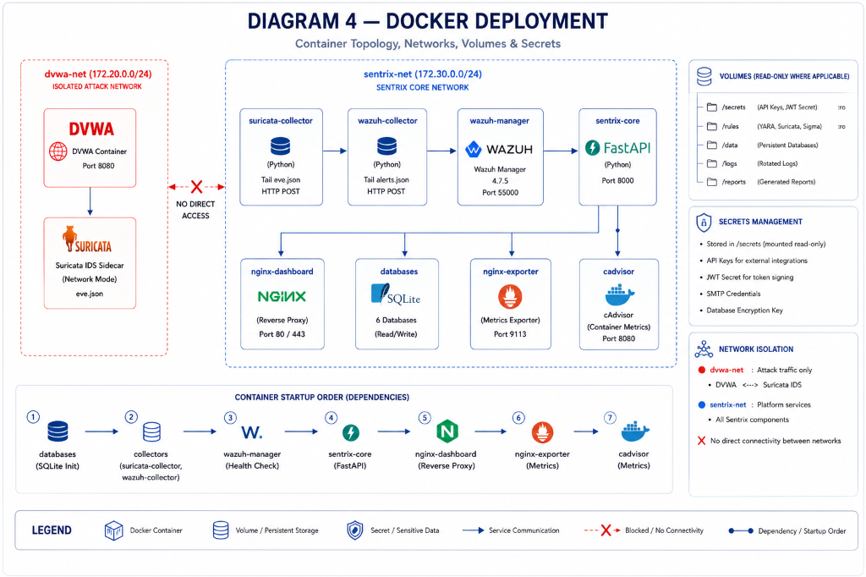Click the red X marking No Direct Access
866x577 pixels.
pos(196,187)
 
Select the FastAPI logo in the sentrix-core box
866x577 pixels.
pos(618,148)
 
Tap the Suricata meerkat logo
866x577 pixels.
pos(69,239)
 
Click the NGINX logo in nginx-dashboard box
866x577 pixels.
pos(282,297)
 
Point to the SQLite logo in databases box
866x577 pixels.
pos(396,294)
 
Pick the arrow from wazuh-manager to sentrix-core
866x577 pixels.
pos(561,151)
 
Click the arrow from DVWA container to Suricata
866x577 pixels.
pos(90,201)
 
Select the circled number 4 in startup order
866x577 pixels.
pos(331,418)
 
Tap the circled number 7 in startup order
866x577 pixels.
pos(610,418)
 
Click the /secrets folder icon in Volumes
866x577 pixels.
pos(712,107)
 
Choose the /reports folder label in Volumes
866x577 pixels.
pos(733,182)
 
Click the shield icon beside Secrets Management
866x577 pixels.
pos(704,223)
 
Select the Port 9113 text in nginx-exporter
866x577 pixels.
pos(510,334)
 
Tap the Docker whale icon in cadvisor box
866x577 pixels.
pos(620,295)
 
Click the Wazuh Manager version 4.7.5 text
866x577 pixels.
pos(500,181)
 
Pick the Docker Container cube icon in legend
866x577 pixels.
pos(114,530)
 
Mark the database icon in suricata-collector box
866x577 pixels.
pos(281,146)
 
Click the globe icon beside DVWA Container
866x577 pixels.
pos(58,151)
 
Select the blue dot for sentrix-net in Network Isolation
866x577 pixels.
pos(702,404)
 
